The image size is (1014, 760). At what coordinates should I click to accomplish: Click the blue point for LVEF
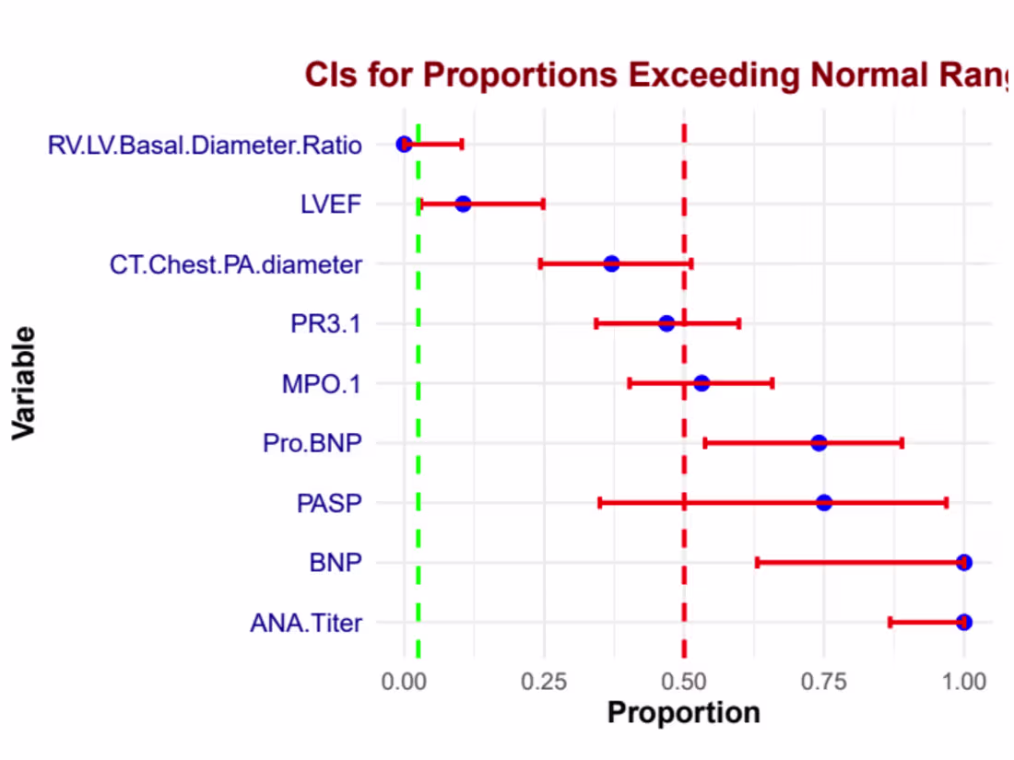(x=463, y=205)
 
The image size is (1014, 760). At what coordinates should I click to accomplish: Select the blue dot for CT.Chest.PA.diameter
(x=611, y=263)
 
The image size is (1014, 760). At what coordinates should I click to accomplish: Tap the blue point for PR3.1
(x=666, y=323)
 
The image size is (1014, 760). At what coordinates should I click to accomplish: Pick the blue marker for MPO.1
(x=702, y=383)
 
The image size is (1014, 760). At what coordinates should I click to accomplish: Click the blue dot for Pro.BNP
(x=819, y=443)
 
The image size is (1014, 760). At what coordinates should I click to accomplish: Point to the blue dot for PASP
(x=824, y=503)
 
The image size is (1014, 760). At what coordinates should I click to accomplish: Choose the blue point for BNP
(x=963, y=562)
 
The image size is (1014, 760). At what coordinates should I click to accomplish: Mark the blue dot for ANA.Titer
(x=963, y=623)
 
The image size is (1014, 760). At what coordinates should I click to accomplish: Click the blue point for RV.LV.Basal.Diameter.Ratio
(x=404, y=144)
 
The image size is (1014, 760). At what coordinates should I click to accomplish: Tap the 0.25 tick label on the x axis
(x=544, y=682)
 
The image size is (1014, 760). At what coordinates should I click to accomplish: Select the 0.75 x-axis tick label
(x=824, y=682)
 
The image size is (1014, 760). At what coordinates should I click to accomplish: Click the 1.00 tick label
(x=963, y=682)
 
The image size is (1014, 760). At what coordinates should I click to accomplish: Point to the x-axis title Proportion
(x=684, y=713)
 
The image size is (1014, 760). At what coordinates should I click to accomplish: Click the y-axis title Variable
(x=24, y=383)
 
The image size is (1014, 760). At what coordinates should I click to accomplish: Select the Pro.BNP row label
(x=312, y=443)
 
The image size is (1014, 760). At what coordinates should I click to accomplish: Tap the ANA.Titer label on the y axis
(x=306, y=623)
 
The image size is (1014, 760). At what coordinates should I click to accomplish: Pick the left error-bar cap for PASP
(x=600, y=503)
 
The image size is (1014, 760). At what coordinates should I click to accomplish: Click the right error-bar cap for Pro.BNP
(x=902, y=443)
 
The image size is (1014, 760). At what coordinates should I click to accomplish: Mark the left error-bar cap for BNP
(x=757, y=562)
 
